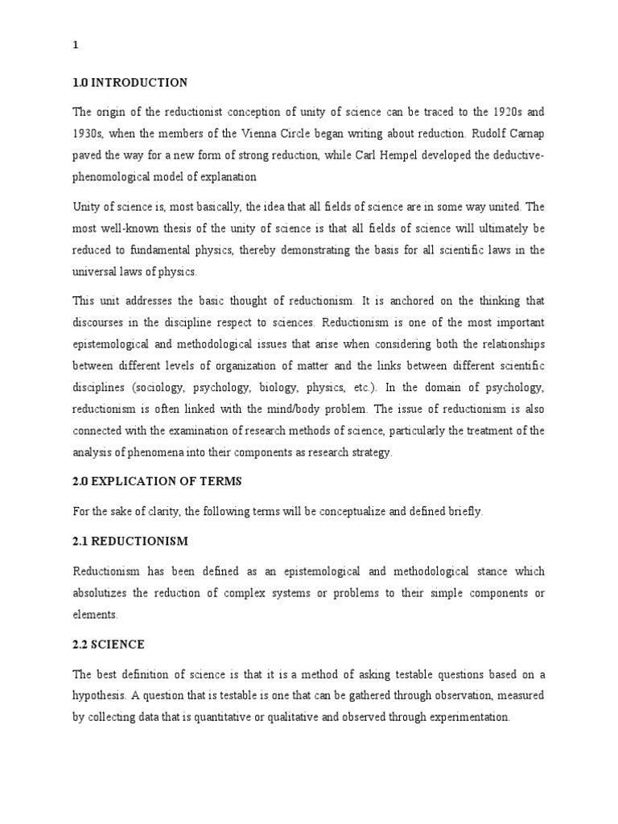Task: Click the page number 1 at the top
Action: click(76, 45)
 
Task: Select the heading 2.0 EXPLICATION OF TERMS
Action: click(157, 481)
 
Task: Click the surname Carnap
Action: click(521, 133)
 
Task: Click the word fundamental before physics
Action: click(166, 250)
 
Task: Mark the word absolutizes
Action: click(107, 593)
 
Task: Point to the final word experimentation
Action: click(459, 716)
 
